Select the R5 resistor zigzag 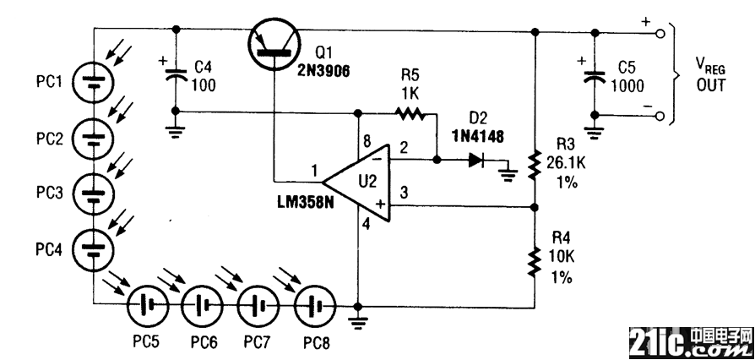tap(410, 113)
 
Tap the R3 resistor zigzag tap(533, 164)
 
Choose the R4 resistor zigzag tap(533, 261)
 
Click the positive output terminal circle tap(660, 34)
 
